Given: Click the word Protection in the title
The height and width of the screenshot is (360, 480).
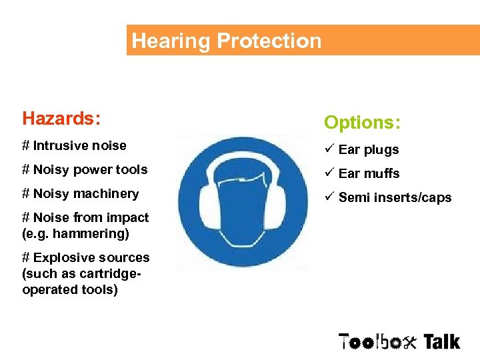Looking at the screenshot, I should point(269,41).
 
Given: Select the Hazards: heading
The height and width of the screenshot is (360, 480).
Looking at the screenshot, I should point(61,119).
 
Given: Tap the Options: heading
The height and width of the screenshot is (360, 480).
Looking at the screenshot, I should point(362,123).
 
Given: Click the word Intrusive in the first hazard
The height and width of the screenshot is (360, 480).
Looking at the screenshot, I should point(61,145).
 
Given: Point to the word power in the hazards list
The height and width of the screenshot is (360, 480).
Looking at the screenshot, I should point(92,170).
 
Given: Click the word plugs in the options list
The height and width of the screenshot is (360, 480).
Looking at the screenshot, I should point(381,150).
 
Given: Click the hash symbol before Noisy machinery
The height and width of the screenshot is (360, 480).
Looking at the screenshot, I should point(26,194).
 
